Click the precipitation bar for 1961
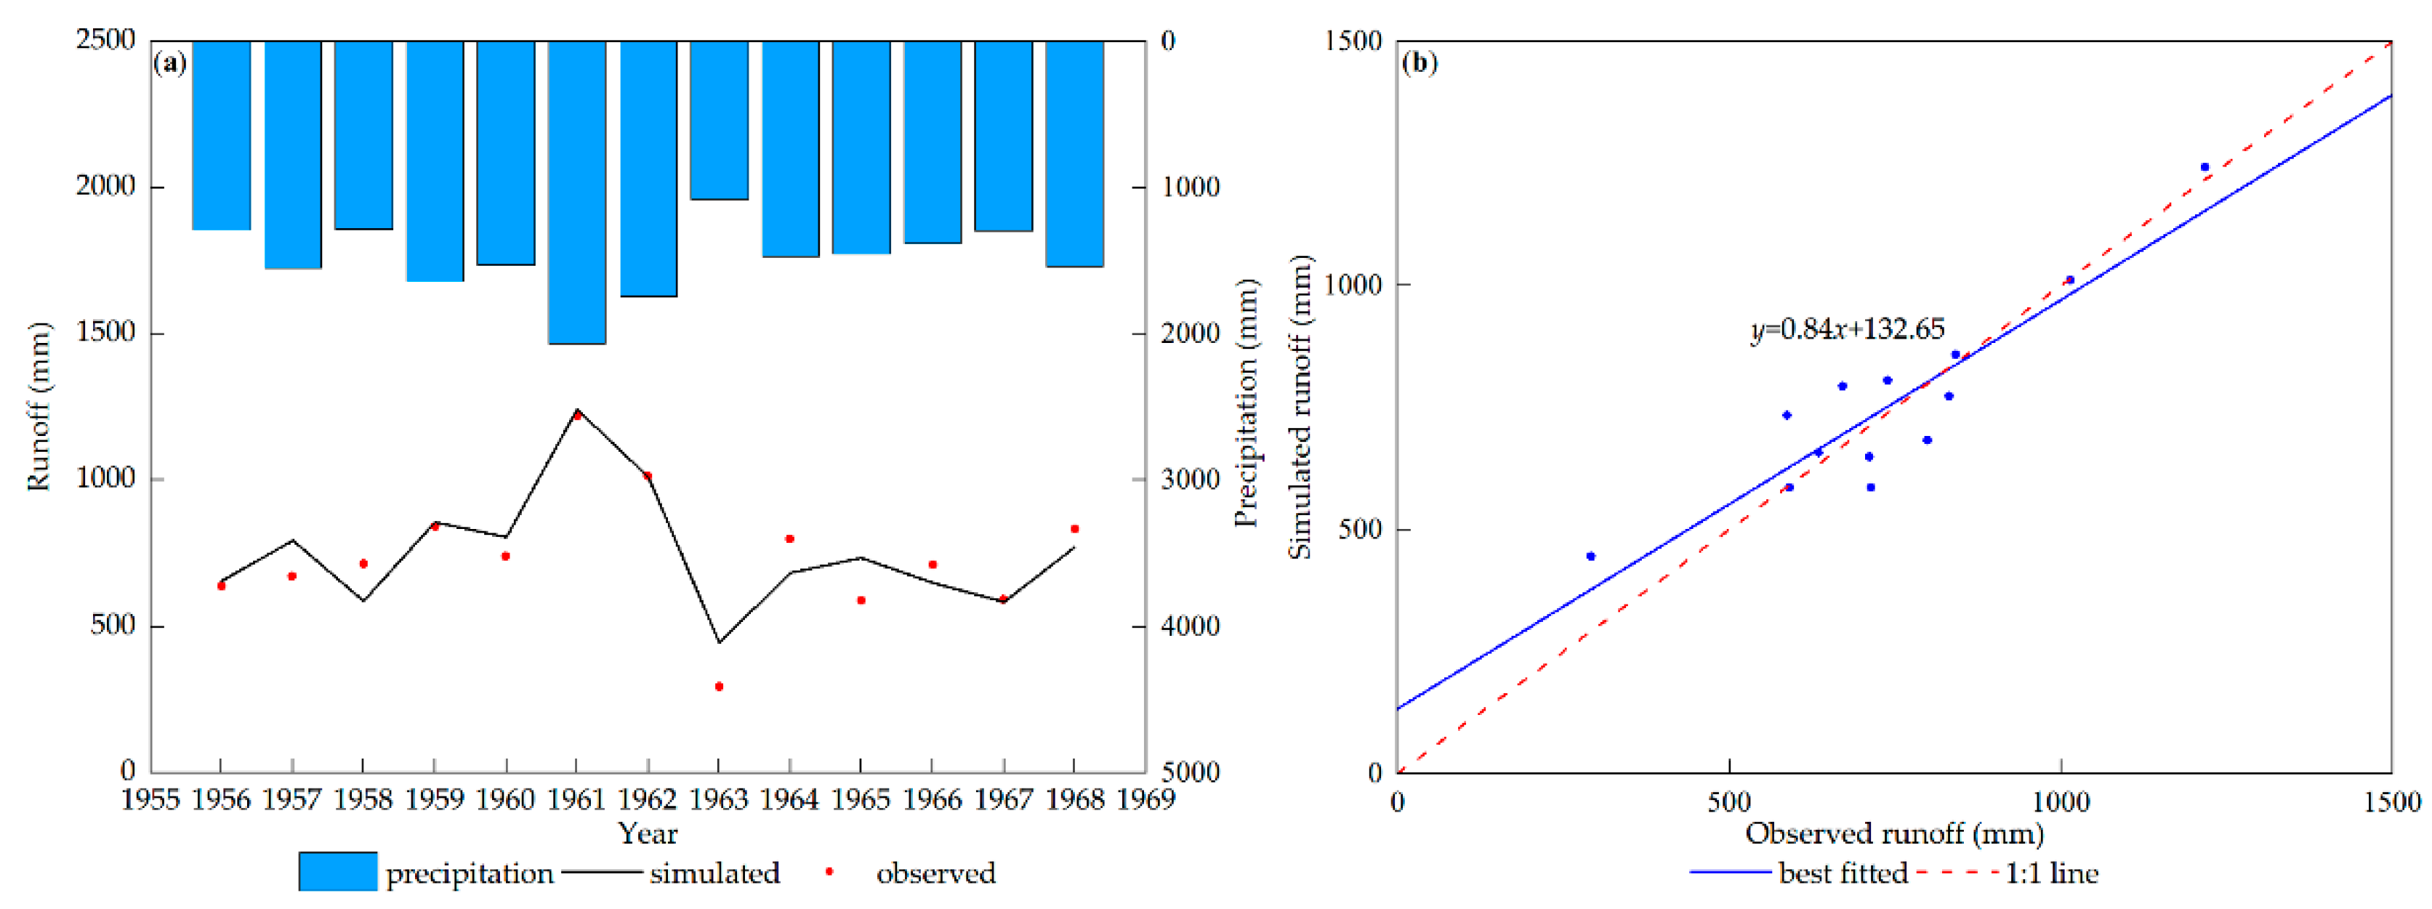577,192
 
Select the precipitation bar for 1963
718,120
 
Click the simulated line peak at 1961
577,411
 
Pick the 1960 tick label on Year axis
505,799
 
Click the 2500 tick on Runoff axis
105,41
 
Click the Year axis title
648,833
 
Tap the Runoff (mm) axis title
38,406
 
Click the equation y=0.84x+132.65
1847,328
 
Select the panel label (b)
1419,62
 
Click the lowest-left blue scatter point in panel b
1591,556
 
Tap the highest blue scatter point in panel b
2204,167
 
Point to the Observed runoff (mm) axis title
1894,833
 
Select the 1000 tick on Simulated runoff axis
1354,284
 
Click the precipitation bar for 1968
1074,153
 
